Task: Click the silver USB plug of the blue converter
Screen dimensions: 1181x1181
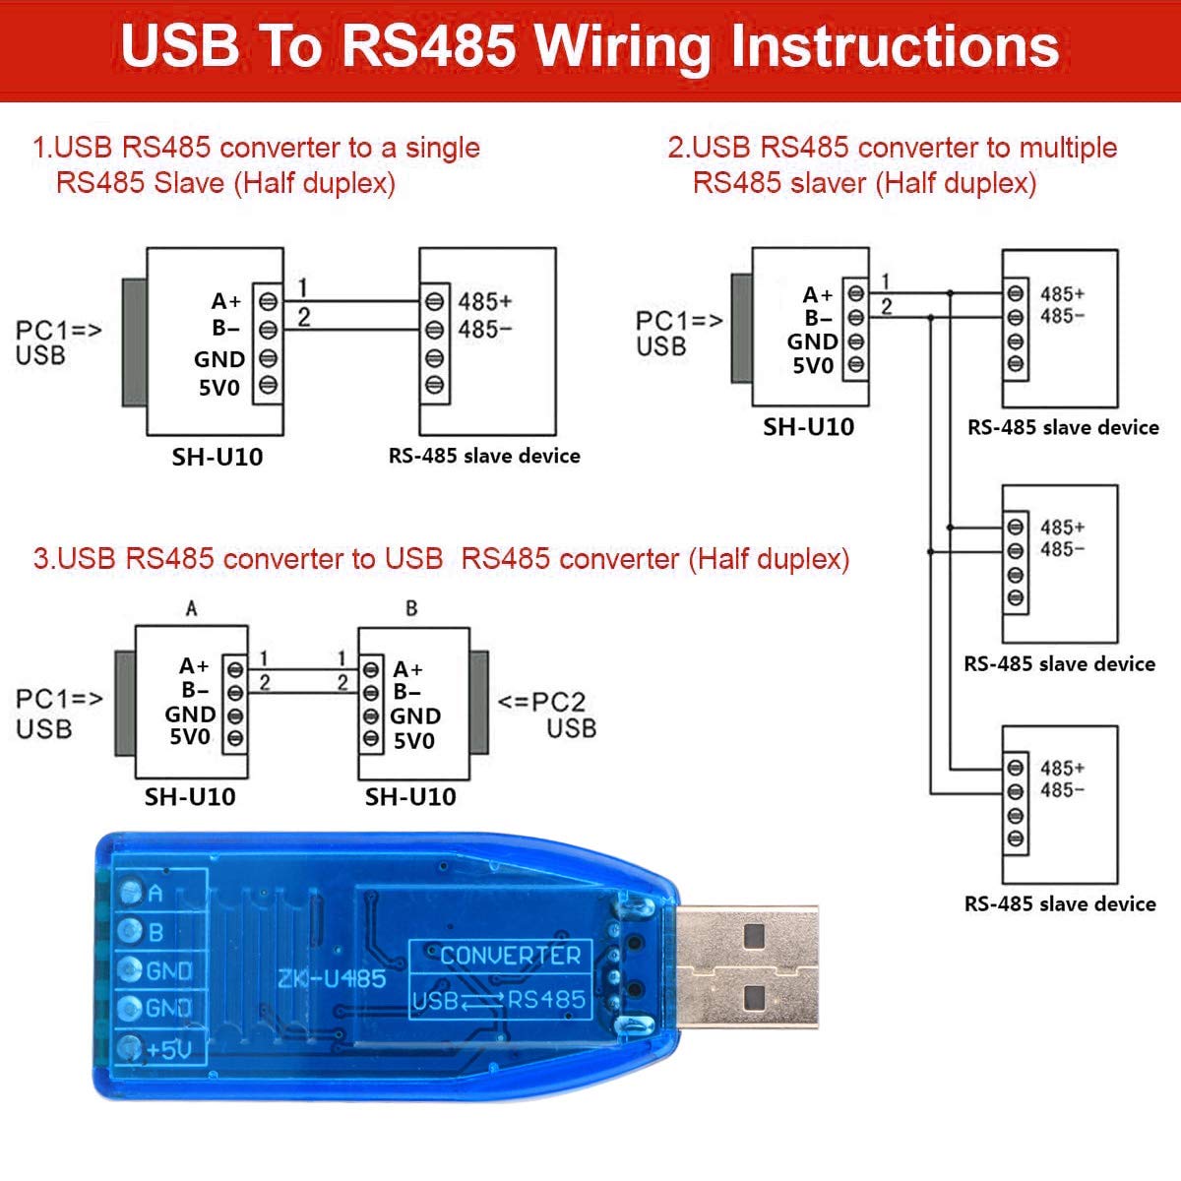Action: click(x=746, y=967)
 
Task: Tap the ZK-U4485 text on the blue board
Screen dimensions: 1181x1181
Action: click(x=332, y=978)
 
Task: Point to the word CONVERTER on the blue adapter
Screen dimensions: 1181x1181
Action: click(x=510, y=956)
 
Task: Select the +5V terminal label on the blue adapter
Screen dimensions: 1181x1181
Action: click(x=169, y=1050)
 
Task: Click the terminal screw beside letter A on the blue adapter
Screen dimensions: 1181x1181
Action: click(x=131, y=892)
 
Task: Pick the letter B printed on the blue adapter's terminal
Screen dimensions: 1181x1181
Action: click(x=155, y=932)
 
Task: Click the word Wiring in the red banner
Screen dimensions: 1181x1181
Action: click(x=623, y=47)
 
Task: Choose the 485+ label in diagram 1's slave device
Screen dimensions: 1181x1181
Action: click(x=485, y=301)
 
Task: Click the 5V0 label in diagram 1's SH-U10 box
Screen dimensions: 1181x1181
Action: click(x=218, y=388)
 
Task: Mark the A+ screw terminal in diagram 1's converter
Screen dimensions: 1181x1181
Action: click(x=268, y=301)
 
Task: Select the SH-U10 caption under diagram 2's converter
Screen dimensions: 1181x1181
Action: click(x=808, y=427)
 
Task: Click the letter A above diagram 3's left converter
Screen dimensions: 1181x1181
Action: click(x=191, y=608)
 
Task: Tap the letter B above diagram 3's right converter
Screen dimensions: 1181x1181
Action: click(x=411, y=608)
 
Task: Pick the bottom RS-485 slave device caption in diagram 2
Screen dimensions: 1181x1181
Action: click(x=1060, y=904)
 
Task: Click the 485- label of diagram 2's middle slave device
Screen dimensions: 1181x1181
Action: click(x=1062, y=549)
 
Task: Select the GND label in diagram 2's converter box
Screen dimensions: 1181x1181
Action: click(x=812, y=342)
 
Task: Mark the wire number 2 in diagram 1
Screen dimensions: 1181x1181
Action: click(x=304, y=317)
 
